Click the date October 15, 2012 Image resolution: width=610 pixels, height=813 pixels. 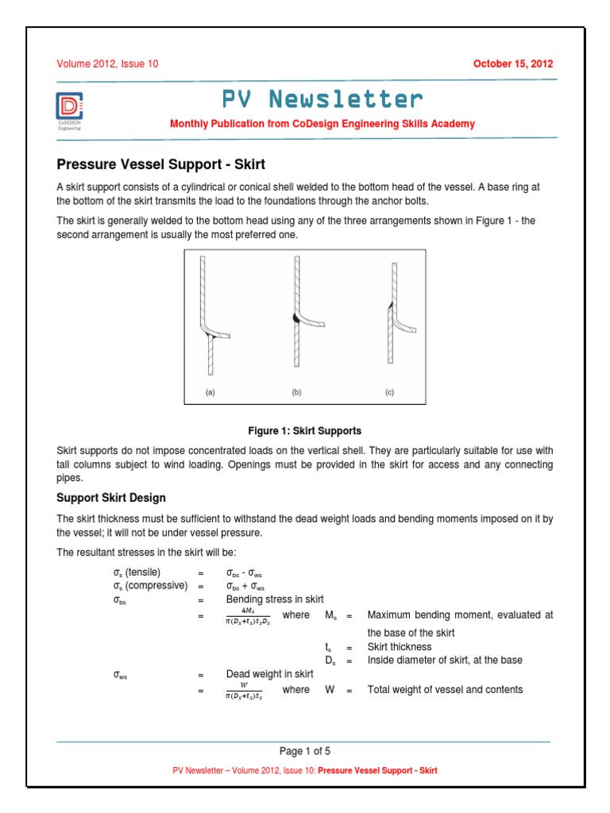tap(513, 64)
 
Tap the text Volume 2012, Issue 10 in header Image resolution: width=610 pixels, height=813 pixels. tap(106, 64)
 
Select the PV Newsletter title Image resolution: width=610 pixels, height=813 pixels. tap(322, 99)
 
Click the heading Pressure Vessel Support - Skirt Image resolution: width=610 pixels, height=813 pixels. tap(160, 165)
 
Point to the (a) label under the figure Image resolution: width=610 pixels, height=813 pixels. tap(211, 392)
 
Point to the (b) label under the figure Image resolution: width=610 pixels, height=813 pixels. tap(297, 392)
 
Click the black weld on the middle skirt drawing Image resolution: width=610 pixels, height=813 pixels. tap(295, 317)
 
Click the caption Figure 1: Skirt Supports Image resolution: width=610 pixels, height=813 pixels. tap(305, 431)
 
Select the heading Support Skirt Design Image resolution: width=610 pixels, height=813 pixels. tap(111, 498)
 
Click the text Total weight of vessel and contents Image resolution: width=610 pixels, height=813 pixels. tap(445, 690)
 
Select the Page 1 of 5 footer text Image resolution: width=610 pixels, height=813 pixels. tap(305, 751)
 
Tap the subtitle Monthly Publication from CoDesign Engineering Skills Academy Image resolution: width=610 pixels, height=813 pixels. tap(322, 124)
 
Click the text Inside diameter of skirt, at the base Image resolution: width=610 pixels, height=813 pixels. tap(445, 660)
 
